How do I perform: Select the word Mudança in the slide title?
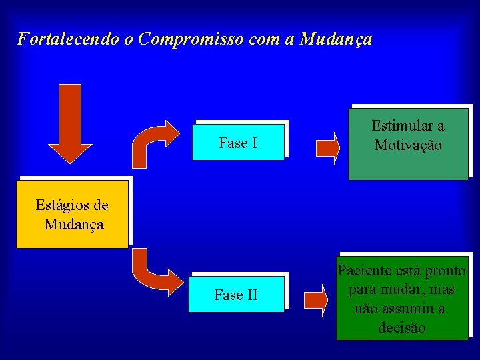[x=336, y=39]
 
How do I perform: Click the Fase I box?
[x=238, y=143]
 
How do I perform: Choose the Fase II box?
[x=236, y=295]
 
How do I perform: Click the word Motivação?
[x=408, y=145]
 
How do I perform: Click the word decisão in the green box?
[x=401, y=328]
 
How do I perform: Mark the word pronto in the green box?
[x=445, y=271]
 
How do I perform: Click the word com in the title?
[x=264, y=39]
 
